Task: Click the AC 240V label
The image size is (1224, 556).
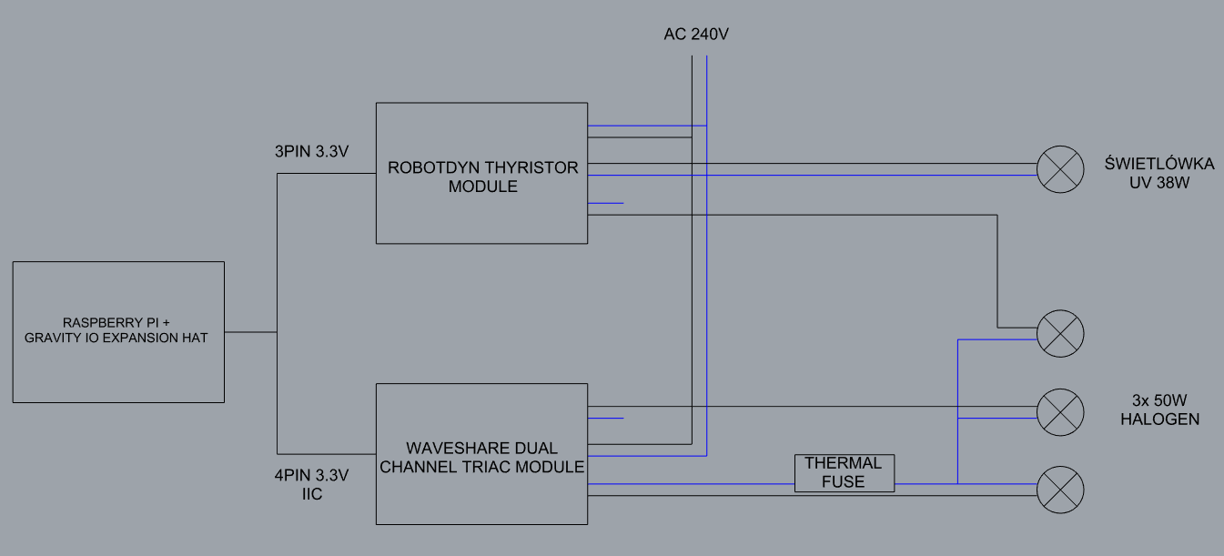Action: (x=697, y=35)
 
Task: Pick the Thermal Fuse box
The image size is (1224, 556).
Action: (x=844, y=472)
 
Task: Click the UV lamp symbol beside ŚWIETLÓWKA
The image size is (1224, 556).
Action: (x=1061, y=169)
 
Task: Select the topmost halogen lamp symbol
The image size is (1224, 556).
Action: (x=1061, y=333)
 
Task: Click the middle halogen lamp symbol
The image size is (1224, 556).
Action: (x=1061, y=412)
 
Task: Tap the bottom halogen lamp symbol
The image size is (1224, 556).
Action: (x=1061, y=490)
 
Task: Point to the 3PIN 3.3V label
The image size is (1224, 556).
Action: (x=312, y=152)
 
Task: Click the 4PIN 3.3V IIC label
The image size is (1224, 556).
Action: (x=312, y=484)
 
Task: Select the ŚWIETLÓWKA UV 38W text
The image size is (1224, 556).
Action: (x=1147, y=173)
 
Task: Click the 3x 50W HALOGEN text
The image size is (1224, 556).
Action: (x=1159, y=409)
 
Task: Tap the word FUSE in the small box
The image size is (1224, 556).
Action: (x=843, y=481)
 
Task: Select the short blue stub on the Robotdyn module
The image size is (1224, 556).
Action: (x=606, y=203)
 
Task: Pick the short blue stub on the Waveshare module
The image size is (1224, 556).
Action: (x=606, y=419)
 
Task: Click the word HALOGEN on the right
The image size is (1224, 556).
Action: (x=1159, y=420)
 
